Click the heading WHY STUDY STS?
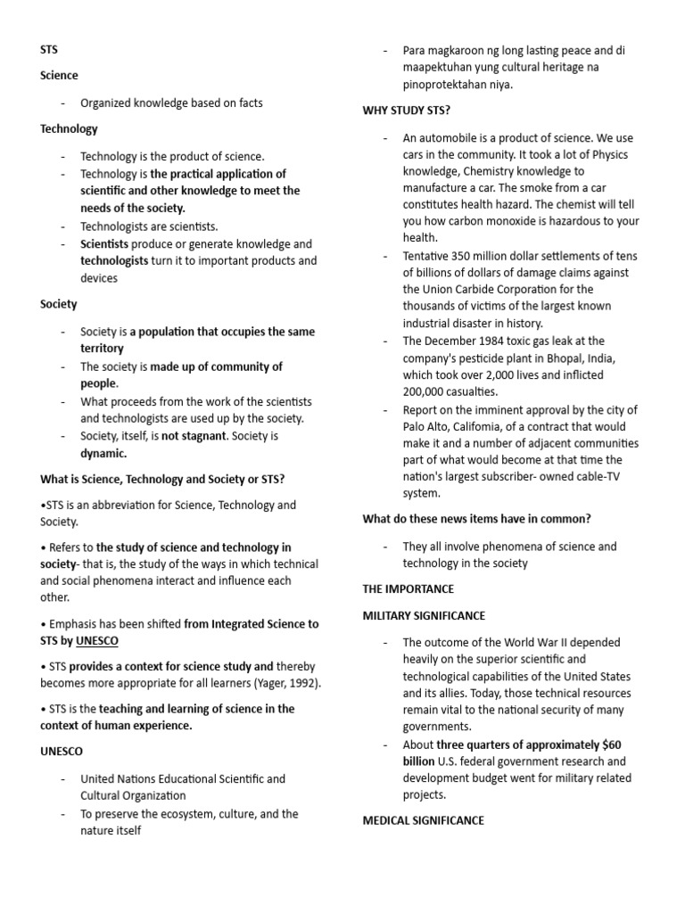(x=406, y=111)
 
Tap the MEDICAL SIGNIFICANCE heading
(x=423, y=820)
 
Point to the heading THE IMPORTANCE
(x=408, y=589)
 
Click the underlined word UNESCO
(x=96, y=640)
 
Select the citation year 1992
(x=298, y=683)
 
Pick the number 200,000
(x=428, y=391)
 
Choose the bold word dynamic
(x=103, y=453)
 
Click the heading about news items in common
(x=476, y=519)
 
